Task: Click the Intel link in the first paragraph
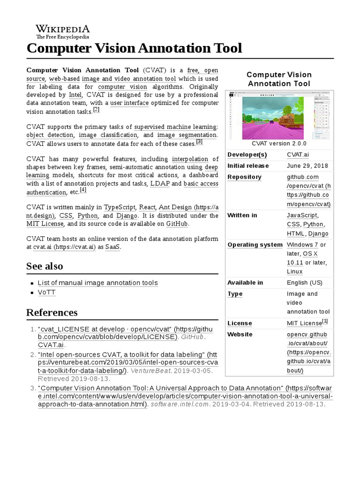click(x=75, y=95)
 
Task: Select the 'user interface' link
click(x=129, y=103)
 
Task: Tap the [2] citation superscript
click(x=96, y=110)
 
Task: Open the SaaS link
click(x=112, y=247)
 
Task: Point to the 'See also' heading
click(x=45, y=266)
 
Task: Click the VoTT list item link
click(x=46, y=292)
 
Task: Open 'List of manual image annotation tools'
click(x=97, y=283)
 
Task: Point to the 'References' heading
click(x=52, y=313)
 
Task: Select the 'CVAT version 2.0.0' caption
click(x=279, y=143)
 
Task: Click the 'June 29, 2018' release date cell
click(x=307, y=166)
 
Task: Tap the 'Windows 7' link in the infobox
click(x=302, y=245)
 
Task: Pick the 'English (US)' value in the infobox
click(x=304, y=283)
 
